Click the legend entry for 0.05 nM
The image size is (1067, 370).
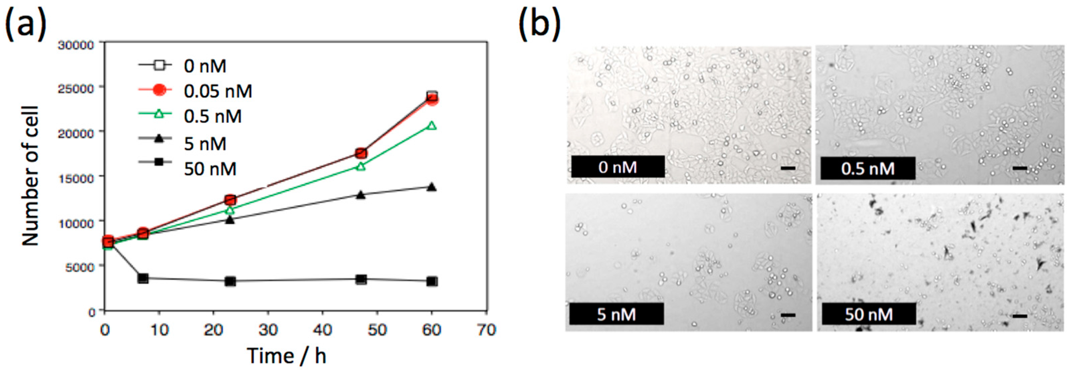click(x=218, y=91)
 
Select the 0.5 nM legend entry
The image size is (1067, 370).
click(x=212, y=116)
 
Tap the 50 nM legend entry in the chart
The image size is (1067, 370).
click(x=210, y=169)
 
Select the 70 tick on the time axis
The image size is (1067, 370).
click(x=486, y=330)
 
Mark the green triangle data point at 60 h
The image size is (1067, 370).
click(x=431, y=125)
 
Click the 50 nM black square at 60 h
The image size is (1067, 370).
click(x=431, y=281)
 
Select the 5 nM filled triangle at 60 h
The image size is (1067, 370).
click(x=431, y=187)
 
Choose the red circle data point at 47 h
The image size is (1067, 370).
click(x=361, y=153)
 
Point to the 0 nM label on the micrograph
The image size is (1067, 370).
click(x=617, y=167)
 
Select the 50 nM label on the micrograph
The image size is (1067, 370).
click(x=869, y=315)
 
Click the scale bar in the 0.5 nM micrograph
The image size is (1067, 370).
click(x=1020, y=168)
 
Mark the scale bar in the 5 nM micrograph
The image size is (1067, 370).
click(x=788, y=315)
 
